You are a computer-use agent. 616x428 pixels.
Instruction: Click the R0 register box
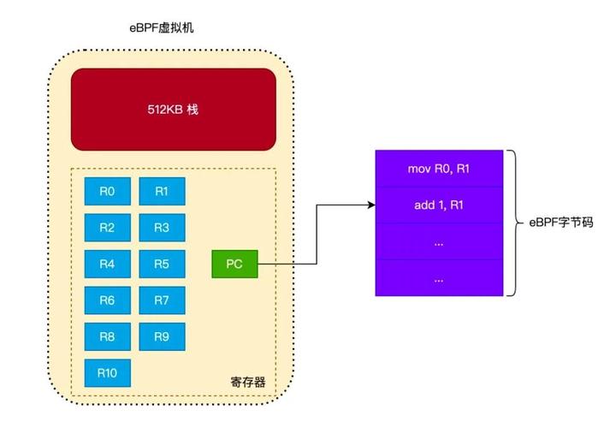(107, 192)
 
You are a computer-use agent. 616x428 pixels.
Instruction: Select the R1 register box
(162, 192)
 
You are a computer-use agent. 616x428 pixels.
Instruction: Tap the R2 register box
(107, 228)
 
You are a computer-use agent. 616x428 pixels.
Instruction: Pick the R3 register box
(162, 228)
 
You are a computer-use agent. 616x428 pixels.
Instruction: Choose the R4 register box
(107, 264)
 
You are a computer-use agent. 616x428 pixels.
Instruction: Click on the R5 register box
(162, 264)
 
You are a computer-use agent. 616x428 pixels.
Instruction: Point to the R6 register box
(107, 300)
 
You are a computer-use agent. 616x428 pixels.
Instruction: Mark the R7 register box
(162, 300)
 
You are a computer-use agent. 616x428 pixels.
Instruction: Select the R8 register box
(107, 336)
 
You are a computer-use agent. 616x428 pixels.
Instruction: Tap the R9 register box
(162, 336)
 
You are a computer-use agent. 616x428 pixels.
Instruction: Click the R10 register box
(107, 372)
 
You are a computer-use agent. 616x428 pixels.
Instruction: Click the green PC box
(234, 264)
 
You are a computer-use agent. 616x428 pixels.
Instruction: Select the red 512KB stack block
(173, 110)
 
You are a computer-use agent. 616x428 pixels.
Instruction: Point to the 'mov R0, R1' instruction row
(439, 169)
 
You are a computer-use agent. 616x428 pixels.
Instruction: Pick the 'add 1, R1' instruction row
(439, 205)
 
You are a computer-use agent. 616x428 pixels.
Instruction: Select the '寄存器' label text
(248, 381)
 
